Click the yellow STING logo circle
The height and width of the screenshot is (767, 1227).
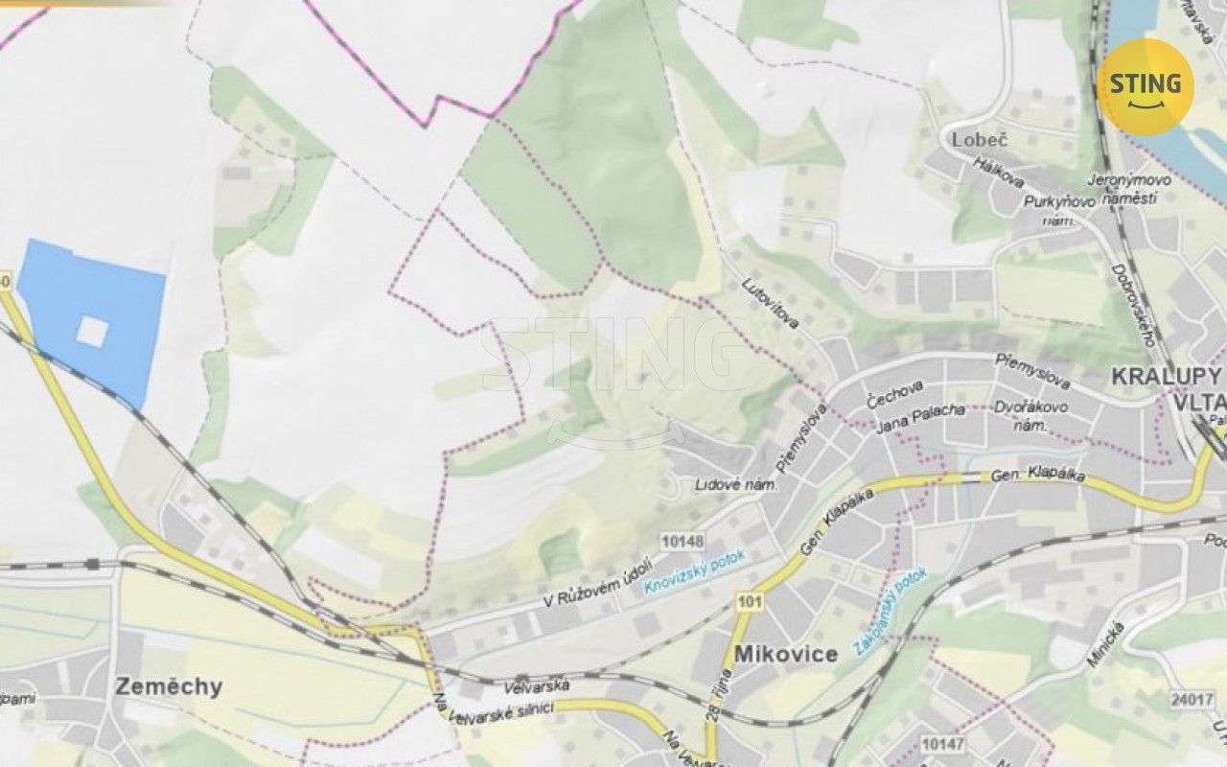click(x=1146, y=87)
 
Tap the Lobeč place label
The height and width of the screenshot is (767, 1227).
click(x=981, y=140)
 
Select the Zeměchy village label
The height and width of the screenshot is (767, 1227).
click(x=169, y=686)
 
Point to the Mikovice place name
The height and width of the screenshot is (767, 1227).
click(x=786, y=654)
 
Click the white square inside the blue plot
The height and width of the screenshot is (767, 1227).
click(x=92, y=332)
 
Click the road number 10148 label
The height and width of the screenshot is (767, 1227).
click(x=683, y=542)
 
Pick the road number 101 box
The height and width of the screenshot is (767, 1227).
click(x=750, y=601)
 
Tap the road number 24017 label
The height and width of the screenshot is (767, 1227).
click(x=1192, y=700)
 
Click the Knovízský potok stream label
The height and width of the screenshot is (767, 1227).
click(x=694, y=572)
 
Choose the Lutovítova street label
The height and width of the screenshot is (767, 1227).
click(x=771, y=303)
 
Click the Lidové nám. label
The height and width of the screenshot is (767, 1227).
click(x=735, y=486)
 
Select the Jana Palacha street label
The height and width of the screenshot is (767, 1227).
click(x=919, y=411)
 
